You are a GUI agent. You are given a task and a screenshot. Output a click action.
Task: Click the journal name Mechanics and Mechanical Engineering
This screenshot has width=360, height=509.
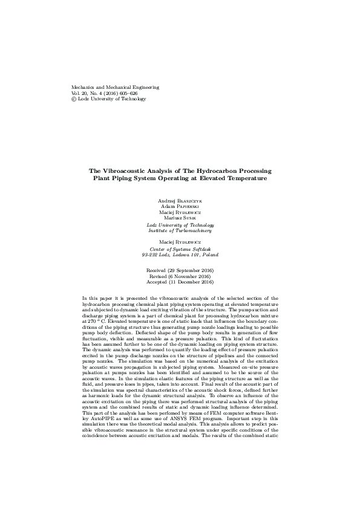115,88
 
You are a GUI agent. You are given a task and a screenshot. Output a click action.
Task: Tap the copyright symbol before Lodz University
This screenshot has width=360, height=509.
74,100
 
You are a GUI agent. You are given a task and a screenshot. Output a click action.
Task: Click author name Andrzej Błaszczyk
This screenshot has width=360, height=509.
180,199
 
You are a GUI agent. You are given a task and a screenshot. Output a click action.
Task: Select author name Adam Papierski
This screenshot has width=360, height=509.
180,206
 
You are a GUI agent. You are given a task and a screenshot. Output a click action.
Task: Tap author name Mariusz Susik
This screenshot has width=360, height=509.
180,218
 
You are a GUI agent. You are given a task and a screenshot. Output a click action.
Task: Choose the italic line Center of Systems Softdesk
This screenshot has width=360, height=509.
180,249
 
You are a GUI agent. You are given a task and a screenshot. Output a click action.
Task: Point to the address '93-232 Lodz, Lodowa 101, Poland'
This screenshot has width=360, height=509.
180,255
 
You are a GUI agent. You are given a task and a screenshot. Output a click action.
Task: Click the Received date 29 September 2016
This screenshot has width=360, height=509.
180,270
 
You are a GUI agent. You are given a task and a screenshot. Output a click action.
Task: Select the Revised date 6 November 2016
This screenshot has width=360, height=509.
180,276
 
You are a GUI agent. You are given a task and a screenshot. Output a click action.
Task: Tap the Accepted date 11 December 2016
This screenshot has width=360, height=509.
180,282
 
